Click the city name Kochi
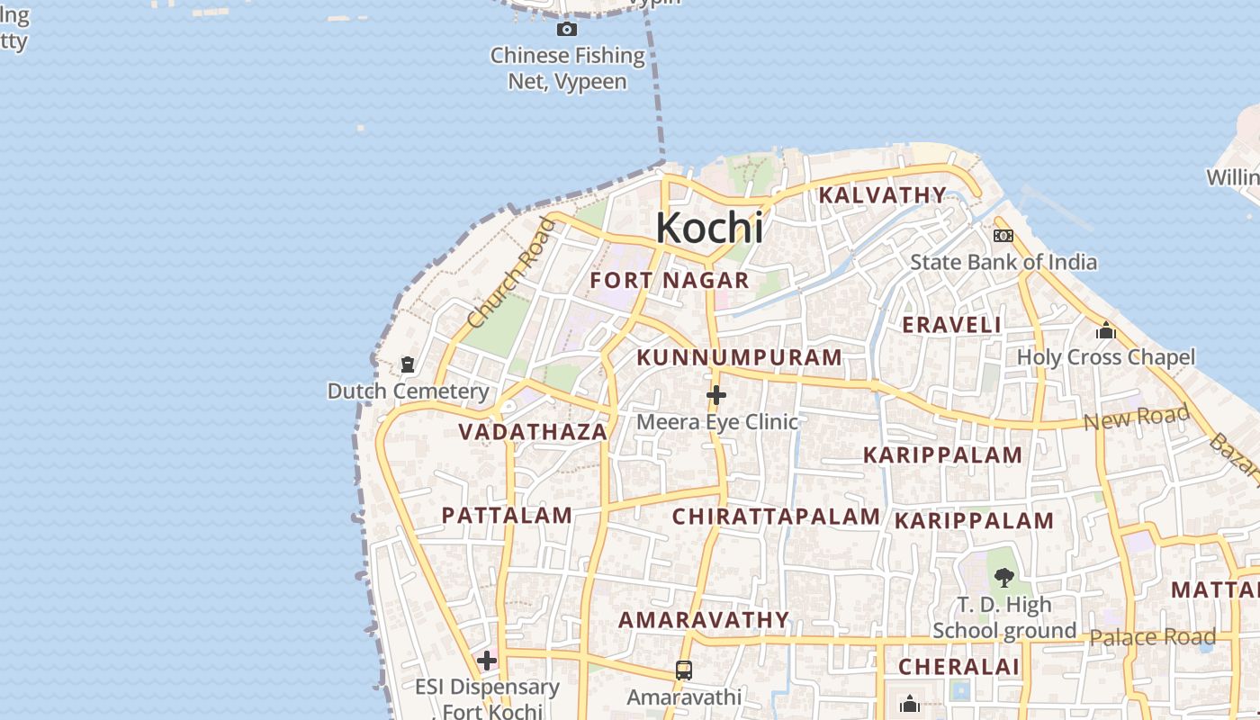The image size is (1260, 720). coord(709,228)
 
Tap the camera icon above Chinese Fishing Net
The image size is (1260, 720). coord(567,30)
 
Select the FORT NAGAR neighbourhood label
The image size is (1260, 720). coord(670,280)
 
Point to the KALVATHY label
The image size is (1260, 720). coord(883,194)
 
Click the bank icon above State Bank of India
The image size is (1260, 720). coord(1003,236)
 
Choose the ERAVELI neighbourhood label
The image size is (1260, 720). coord(952,325)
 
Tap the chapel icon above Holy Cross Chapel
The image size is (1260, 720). coord(1106,331)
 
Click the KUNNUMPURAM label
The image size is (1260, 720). coord(740,357)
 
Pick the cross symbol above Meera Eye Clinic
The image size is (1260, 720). coord(716,395)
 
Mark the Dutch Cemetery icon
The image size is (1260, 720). coord(408,365)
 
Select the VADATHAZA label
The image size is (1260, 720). coord(534,432)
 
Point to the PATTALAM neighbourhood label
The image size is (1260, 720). coord(507,516)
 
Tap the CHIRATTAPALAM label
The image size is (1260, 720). coord(776,517)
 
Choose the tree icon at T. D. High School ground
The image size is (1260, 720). coord(1004,578)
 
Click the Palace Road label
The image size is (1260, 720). coord(1152,637)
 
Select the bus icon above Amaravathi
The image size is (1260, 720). coord(684,670)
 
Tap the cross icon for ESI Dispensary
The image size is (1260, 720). coord(487,661)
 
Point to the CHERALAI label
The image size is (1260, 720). coord(959,667)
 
